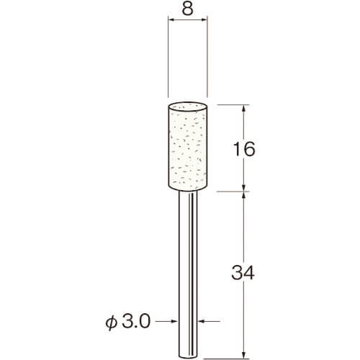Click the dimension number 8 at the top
[187, 9]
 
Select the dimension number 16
[243, 149]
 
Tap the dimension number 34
[243, 273]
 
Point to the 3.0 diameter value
[136, 321]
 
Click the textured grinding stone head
[187, 146]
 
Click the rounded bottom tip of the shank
[188, 356]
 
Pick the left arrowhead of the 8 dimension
[171, 20]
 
